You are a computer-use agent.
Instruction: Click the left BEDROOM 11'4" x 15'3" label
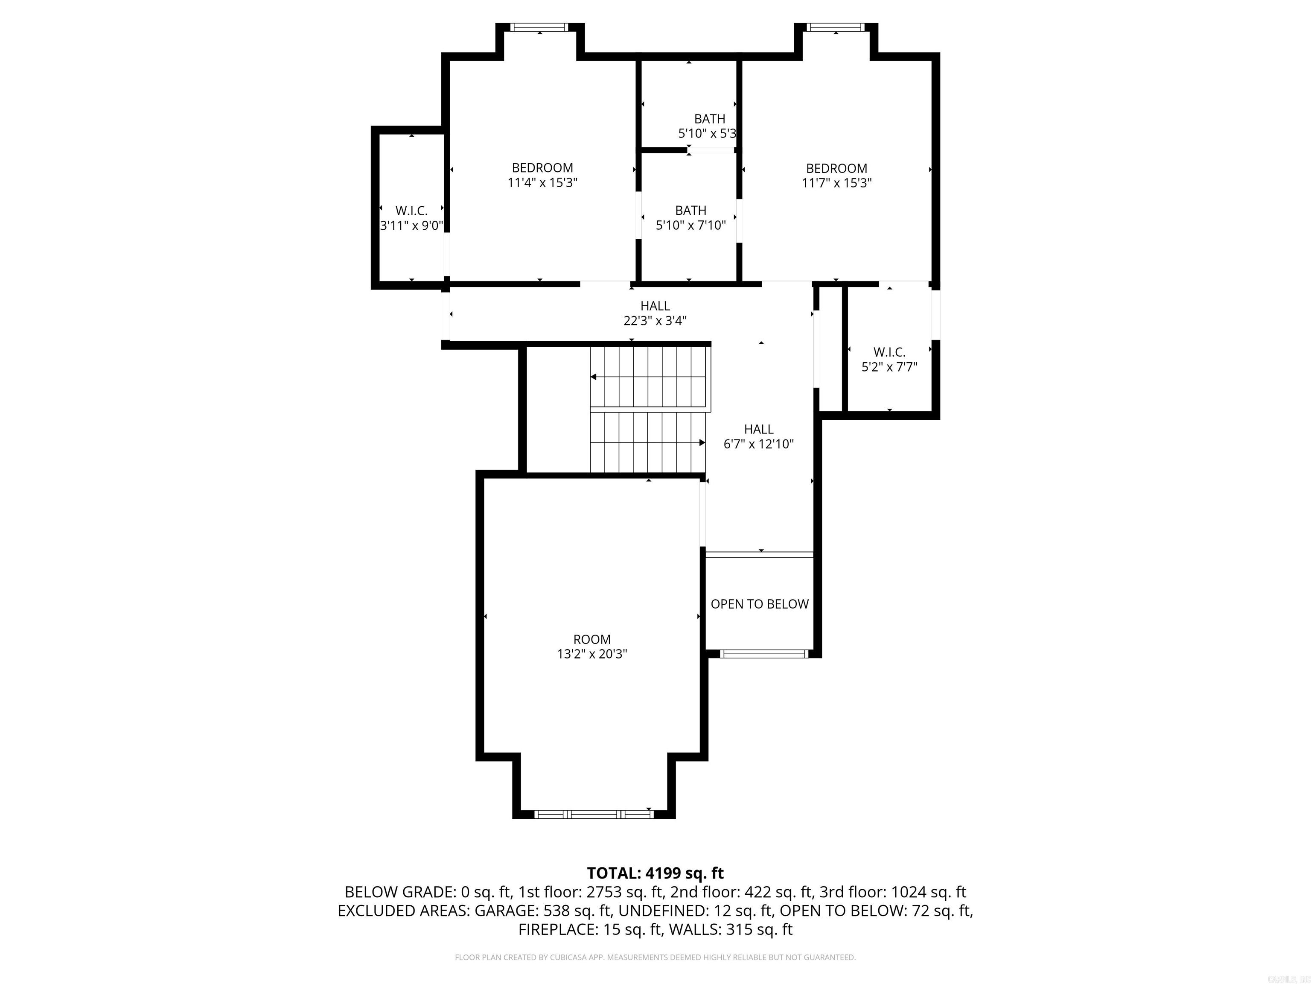click(x=542, y=175)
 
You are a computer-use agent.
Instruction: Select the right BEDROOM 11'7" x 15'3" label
click(x=836, y=176)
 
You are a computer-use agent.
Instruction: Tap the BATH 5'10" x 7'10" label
click(x=690, y=218)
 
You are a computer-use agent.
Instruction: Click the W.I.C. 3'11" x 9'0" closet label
click(x=411, y=218)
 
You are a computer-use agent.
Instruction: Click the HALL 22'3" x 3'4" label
click(x=655, y=313)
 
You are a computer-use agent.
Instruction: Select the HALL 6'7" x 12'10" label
click(x=759, y=436)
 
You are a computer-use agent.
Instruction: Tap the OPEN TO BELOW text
click(x=759, y=604)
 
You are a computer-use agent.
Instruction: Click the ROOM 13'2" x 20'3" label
click(x=591, y=647)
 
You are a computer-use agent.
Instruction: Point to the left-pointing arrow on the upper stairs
click(x=593, y=377)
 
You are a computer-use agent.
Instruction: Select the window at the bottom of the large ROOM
click(x=594, y=814)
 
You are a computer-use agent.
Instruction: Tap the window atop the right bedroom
click(x=836, y=27)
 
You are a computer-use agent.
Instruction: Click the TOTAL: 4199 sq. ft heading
click(x=655, y=873)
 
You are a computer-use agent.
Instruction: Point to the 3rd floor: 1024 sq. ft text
click(x=893, y=892)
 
